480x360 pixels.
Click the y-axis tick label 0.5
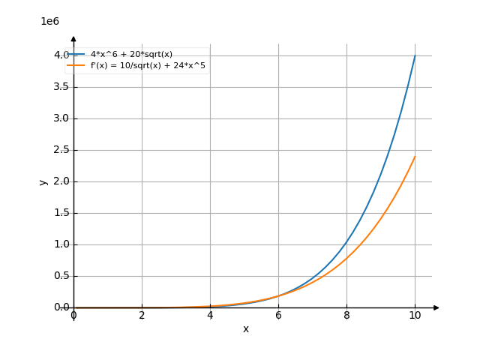[61, 276]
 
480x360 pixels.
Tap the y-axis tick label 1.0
[61, 244]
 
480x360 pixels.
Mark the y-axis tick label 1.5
[61, 213]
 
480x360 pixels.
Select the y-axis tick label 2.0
[61, 181]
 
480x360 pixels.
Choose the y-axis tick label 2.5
[61, 150]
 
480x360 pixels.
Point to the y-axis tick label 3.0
[61, 118]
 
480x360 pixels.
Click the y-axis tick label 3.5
[61, 87]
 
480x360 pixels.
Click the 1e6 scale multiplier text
[49, 22]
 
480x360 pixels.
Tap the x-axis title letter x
[245, 329]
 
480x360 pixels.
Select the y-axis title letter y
[43, 181]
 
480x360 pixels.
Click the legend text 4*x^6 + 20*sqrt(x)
[131, 54]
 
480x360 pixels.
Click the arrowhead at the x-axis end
[436, 307]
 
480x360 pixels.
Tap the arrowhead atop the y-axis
[73, 38]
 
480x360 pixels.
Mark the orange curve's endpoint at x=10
[415, 157]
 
